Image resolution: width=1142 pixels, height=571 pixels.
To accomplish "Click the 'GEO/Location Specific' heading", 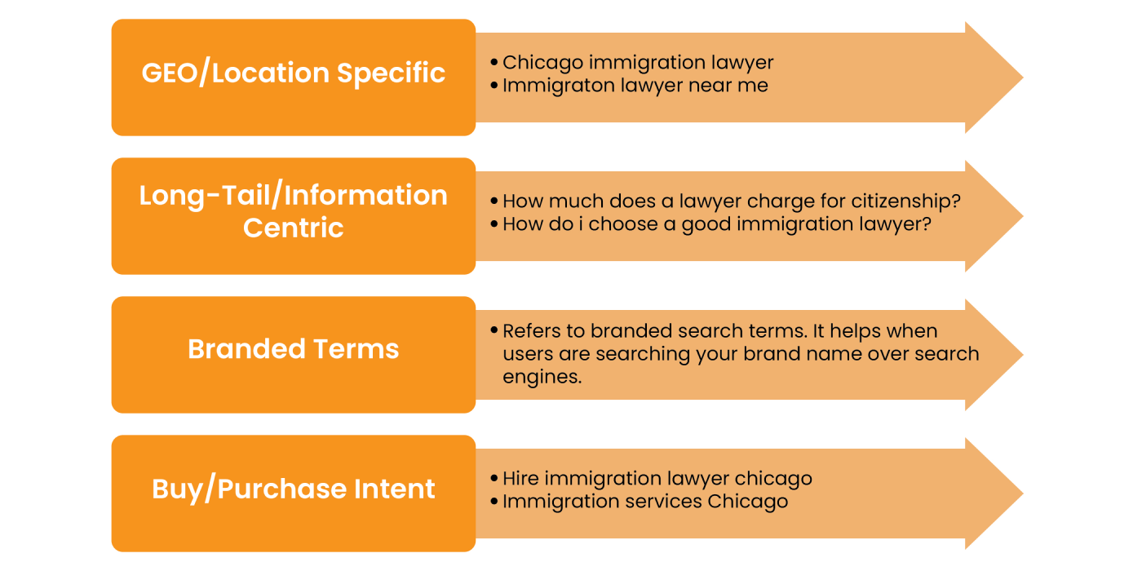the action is tap(293, 73).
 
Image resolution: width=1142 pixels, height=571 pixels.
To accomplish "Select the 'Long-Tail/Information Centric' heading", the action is tap(293, 211).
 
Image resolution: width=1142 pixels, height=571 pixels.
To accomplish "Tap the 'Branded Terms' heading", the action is tap(293, 349).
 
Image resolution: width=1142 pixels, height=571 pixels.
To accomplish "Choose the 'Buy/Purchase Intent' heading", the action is tap(293, 489).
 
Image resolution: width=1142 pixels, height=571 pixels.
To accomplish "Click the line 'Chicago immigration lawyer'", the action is tap(638, 63).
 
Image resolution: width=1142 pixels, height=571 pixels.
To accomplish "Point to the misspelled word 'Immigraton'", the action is tap(559, 86).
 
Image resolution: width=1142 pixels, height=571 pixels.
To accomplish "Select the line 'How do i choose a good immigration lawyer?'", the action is tap(717, 224).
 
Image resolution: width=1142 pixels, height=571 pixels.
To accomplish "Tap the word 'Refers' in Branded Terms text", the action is tap(532, 331).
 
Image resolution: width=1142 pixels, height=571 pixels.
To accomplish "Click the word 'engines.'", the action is tap(542, 377).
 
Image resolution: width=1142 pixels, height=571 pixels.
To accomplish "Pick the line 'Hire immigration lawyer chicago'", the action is tap(657, 479).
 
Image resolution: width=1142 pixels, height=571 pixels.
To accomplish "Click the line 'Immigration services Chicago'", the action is tap(645, 502).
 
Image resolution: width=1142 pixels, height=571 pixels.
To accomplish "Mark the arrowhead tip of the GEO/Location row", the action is tap(1023, 77).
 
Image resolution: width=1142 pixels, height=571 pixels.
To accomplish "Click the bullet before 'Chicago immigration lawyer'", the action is tap(494, 62).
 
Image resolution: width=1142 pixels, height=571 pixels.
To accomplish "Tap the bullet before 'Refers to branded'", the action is tap(494, 330).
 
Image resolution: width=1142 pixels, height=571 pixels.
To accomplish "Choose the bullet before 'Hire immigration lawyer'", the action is tap(494, 478).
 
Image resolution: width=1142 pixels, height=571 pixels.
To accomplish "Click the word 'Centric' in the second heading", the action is tap(293, 228).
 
